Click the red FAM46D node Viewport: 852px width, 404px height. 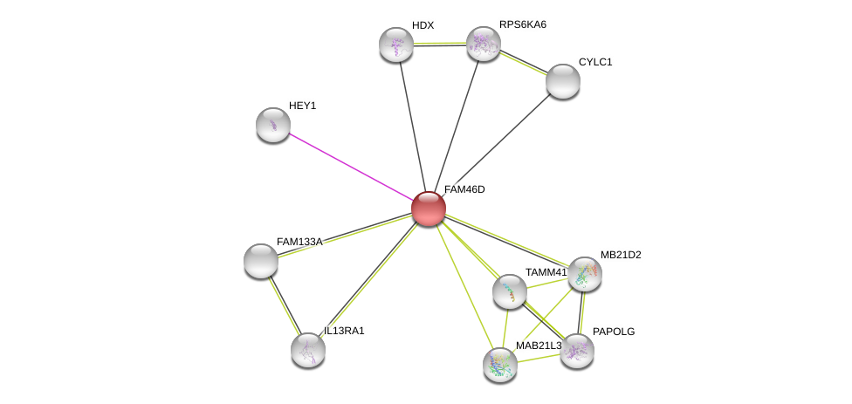coord(429,209)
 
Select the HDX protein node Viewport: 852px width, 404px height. coord(396,45)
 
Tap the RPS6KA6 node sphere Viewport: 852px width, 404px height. coord(484,44)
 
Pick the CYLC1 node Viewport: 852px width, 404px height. coord(563,81)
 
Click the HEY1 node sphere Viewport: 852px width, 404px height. coord(272,125)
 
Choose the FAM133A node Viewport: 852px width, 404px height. coord(261,261)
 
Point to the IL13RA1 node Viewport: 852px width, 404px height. coord(308,350)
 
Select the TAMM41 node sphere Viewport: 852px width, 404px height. coord(510,291)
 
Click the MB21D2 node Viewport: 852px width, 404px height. coord(585,274)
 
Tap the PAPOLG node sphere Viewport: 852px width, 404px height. coord(576,352)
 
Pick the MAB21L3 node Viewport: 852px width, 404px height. coord(500,365)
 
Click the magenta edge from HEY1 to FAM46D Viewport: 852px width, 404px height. coord(351,167)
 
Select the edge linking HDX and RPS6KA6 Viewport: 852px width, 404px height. coord(440,44)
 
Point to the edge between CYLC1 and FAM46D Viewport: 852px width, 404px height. coord(496,145)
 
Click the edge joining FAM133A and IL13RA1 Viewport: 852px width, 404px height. coord(285,305)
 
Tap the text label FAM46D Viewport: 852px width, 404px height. coord(464,189)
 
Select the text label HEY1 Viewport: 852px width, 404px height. coord(303,106)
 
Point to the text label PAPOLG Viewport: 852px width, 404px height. coord(614,332)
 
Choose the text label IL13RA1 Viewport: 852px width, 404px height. coord(344,331)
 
